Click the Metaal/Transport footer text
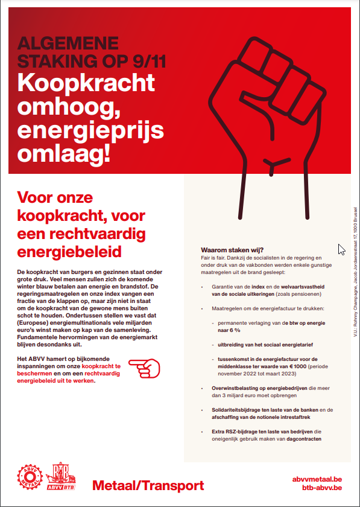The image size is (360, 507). tap(148, 485)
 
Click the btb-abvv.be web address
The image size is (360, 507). tap(321, 487)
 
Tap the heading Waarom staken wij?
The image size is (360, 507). tap(232, 250)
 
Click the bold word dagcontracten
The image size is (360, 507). tap(302, 439)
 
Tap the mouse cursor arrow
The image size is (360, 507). tap(341, 249)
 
